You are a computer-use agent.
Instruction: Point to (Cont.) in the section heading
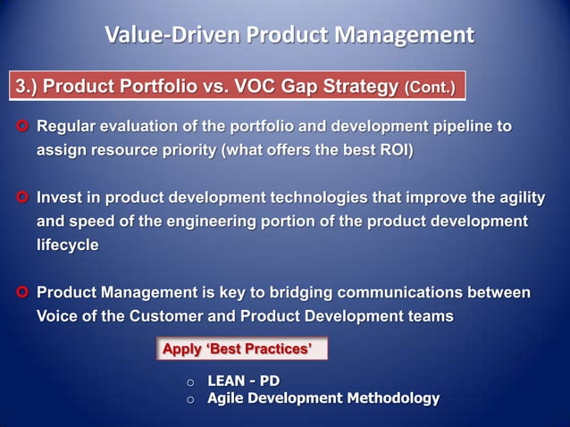[x=430, y=88]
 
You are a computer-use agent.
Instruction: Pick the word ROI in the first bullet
[x=394, y=151]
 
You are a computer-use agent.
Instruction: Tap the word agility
[x=517, y=197]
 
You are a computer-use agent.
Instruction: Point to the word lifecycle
[x=67, y=244]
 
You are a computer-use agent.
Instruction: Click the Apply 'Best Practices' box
[x=241, y=349]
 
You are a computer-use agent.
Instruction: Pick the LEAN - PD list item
[x=243, y=381]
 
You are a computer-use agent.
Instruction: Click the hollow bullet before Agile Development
[x=189, y=399]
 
